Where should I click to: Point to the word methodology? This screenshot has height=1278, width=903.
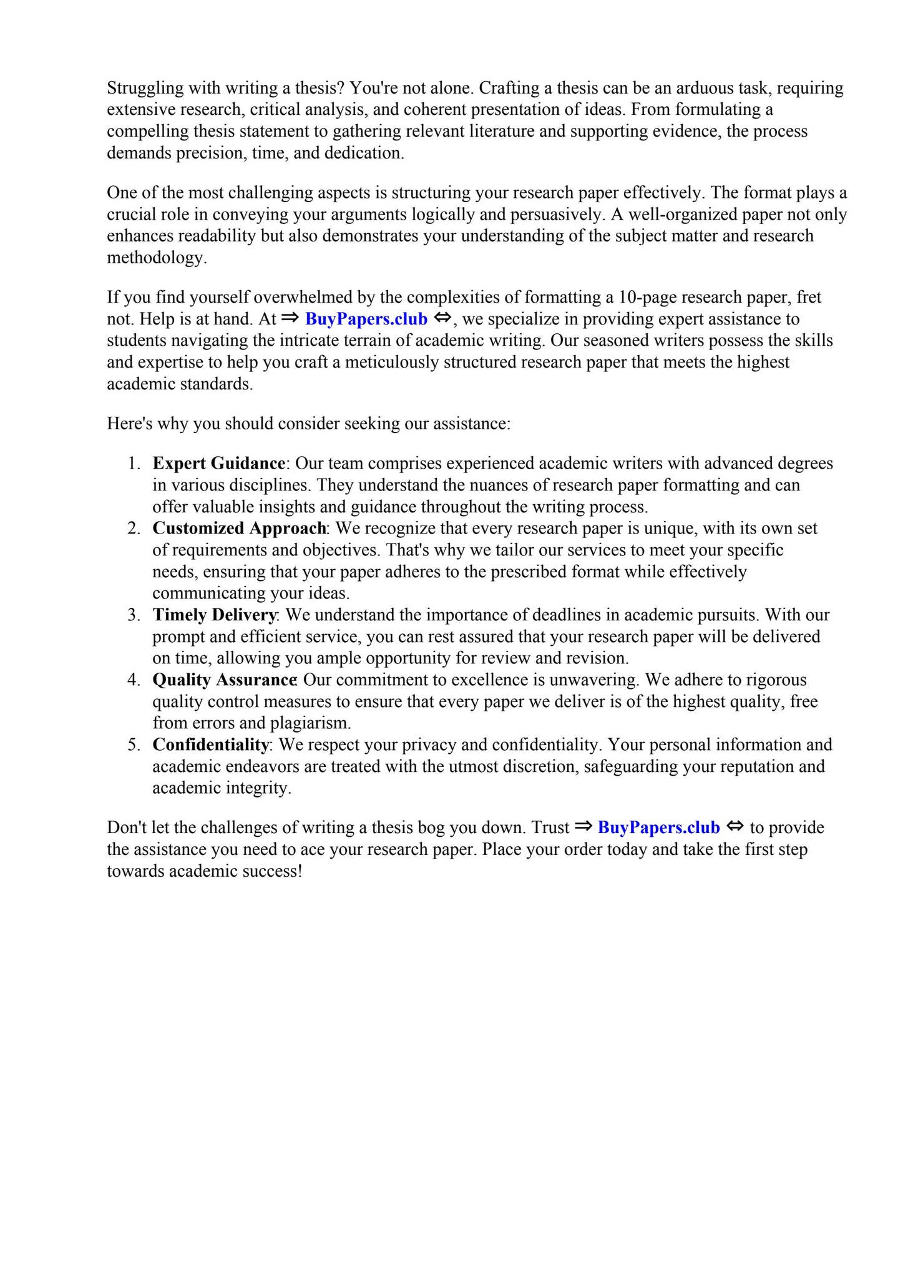[156, 258]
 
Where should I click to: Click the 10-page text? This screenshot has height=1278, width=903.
[647, 297]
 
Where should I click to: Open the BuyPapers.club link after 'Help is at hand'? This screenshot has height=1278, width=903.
[366, 319]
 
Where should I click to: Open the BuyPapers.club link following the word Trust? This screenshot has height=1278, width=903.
[658, 828]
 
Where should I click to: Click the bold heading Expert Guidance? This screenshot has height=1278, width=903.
[218, 464]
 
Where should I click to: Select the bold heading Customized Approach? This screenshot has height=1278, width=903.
[239, 529]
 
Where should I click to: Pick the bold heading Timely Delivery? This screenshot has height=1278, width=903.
[214, 615]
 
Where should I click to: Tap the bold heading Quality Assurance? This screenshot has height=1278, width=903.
[224, 680]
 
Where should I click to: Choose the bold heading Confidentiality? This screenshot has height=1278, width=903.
[210, 745]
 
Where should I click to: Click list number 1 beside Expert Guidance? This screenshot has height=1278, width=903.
[133, 464]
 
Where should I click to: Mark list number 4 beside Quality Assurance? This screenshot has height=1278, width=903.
[133, 680]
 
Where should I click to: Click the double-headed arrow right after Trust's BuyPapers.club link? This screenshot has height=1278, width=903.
[736, 827]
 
